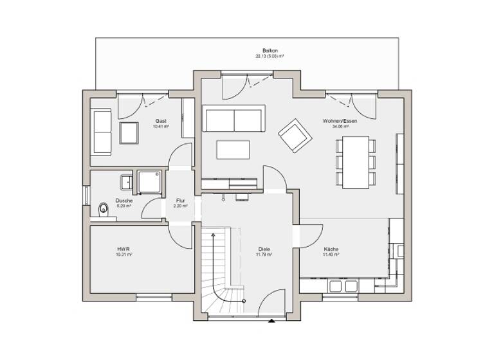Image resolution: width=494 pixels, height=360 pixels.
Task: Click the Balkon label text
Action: [x=270, y=50]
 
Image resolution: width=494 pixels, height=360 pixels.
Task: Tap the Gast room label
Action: [x=161, y=121]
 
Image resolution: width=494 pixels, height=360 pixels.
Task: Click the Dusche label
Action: [x=124, y=200]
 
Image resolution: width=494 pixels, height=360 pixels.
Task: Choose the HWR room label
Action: [x=124, y=249]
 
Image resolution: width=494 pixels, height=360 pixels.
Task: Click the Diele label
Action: [x=264, y=249]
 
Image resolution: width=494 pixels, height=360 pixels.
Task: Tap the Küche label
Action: [x=331, y=249]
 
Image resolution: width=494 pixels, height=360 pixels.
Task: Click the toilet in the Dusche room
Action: [x=102, y=209]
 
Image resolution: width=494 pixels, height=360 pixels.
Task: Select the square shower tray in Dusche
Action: [x=148, y=181]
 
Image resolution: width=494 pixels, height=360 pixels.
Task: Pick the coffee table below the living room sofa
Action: [x=234, y=149]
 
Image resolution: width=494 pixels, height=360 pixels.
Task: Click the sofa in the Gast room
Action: [x=102, y=132]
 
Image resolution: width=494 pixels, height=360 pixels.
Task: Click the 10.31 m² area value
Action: [x=124, y=255]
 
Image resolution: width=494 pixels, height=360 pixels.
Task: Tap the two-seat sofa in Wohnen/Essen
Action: [x=234, y=119]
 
